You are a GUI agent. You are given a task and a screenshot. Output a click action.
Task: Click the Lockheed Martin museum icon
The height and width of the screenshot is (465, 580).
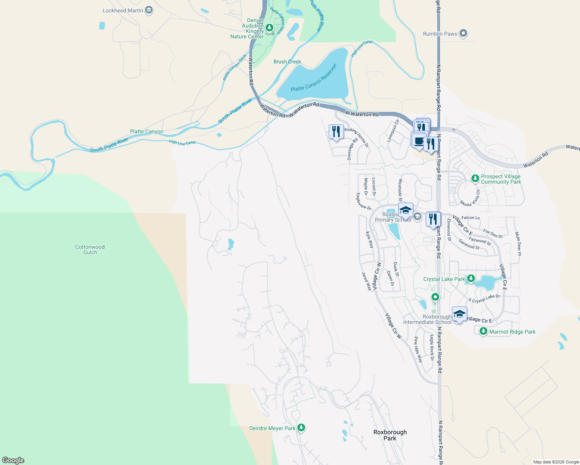tap(148, 10)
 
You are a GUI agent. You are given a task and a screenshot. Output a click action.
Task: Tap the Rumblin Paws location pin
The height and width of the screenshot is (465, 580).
tap(463, 34)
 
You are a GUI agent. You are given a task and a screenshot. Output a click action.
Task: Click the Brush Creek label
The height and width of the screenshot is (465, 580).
tap(287, 62)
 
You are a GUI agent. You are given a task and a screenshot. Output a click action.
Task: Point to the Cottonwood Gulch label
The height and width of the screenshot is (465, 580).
tap(90, 250)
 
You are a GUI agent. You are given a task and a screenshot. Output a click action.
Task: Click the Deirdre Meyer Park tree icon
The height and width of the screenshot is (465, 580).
tap(301, 428)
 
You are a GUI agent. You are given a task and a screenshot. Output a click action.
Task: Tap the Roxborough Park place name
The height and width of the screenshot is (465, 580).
tap(390, 435)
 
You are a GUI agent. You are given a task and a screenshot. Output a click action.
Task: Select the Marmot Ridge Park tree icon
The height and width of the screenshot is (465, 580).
tap(483, 331)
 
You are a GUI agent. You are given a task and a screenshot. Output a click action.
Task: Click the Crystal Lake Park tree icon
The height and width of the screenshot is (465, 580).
tap(471, 279)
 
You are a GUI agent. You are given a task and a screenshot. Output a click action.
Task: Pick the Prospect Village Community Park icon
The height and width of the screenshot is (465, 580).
tap(475, 179)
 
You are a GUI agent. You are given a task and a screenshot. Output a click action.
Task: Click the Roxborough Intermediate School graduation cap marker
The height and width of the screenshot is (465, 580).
tap(459, 314)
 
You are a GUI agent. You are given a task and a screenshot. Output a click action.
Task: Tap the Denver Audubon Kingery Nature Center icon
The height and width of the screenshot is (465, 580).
tap(269, 28)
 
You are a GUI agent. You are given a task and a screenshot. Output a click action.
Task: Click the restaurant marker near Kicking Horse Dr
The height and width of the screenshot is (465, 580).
tap(336, 131)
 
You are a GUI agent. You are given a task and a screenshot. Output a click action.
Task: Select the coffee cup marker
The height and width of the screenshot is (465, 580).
tap(418, 140)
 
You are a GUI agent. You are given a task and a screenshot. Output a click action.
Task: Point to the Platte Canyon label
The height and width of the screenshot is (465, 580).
tap(147, 131)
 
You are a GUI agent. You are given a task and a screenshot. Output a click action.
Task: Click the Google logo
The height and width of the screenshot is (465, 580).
tap(13, 460)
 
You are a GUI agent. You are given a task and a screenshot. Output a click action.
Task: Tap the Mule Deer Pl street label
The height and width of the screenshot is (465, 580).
tap(518, 243)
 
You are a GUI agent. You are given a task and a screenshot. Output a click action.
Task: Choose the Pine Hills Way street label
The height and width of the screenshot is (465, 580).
tap(418, 350)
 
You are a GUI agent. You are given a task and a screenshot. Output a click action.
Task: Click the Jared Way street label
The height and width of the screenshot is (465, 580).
tap(366, 281)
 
